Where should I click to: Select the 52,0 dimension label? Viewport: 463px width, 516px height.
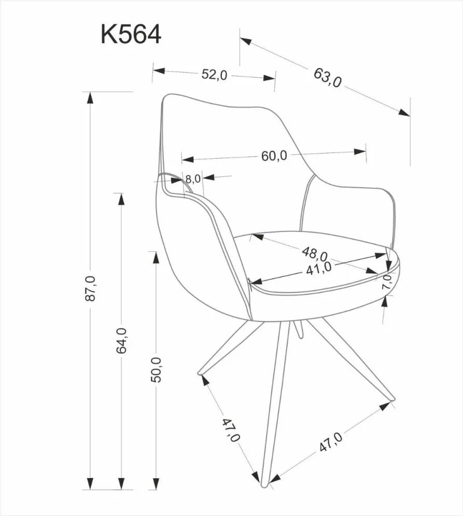pos(214,74)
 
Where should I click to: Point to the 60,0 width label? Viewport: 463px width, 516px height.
pos(274,155)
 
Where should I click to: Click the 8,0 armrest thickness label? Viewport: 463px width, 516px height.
pos(192,179)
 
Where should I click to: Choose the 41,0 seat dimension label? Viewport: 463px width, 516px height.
pos(319,268)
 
